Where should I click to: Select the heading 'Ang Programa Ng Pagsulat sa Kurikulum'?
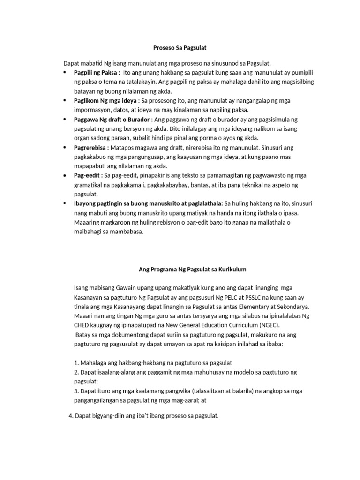tap(192, 270)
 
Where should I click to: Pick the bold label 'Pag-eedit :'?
tap(88, 175)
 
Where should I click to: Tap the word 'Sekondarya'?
tap(283, 307)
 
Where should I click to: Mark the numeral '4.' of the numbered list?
tap(71, 416)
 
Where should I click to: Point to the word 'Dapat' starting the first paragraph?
tap(72, 63)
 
